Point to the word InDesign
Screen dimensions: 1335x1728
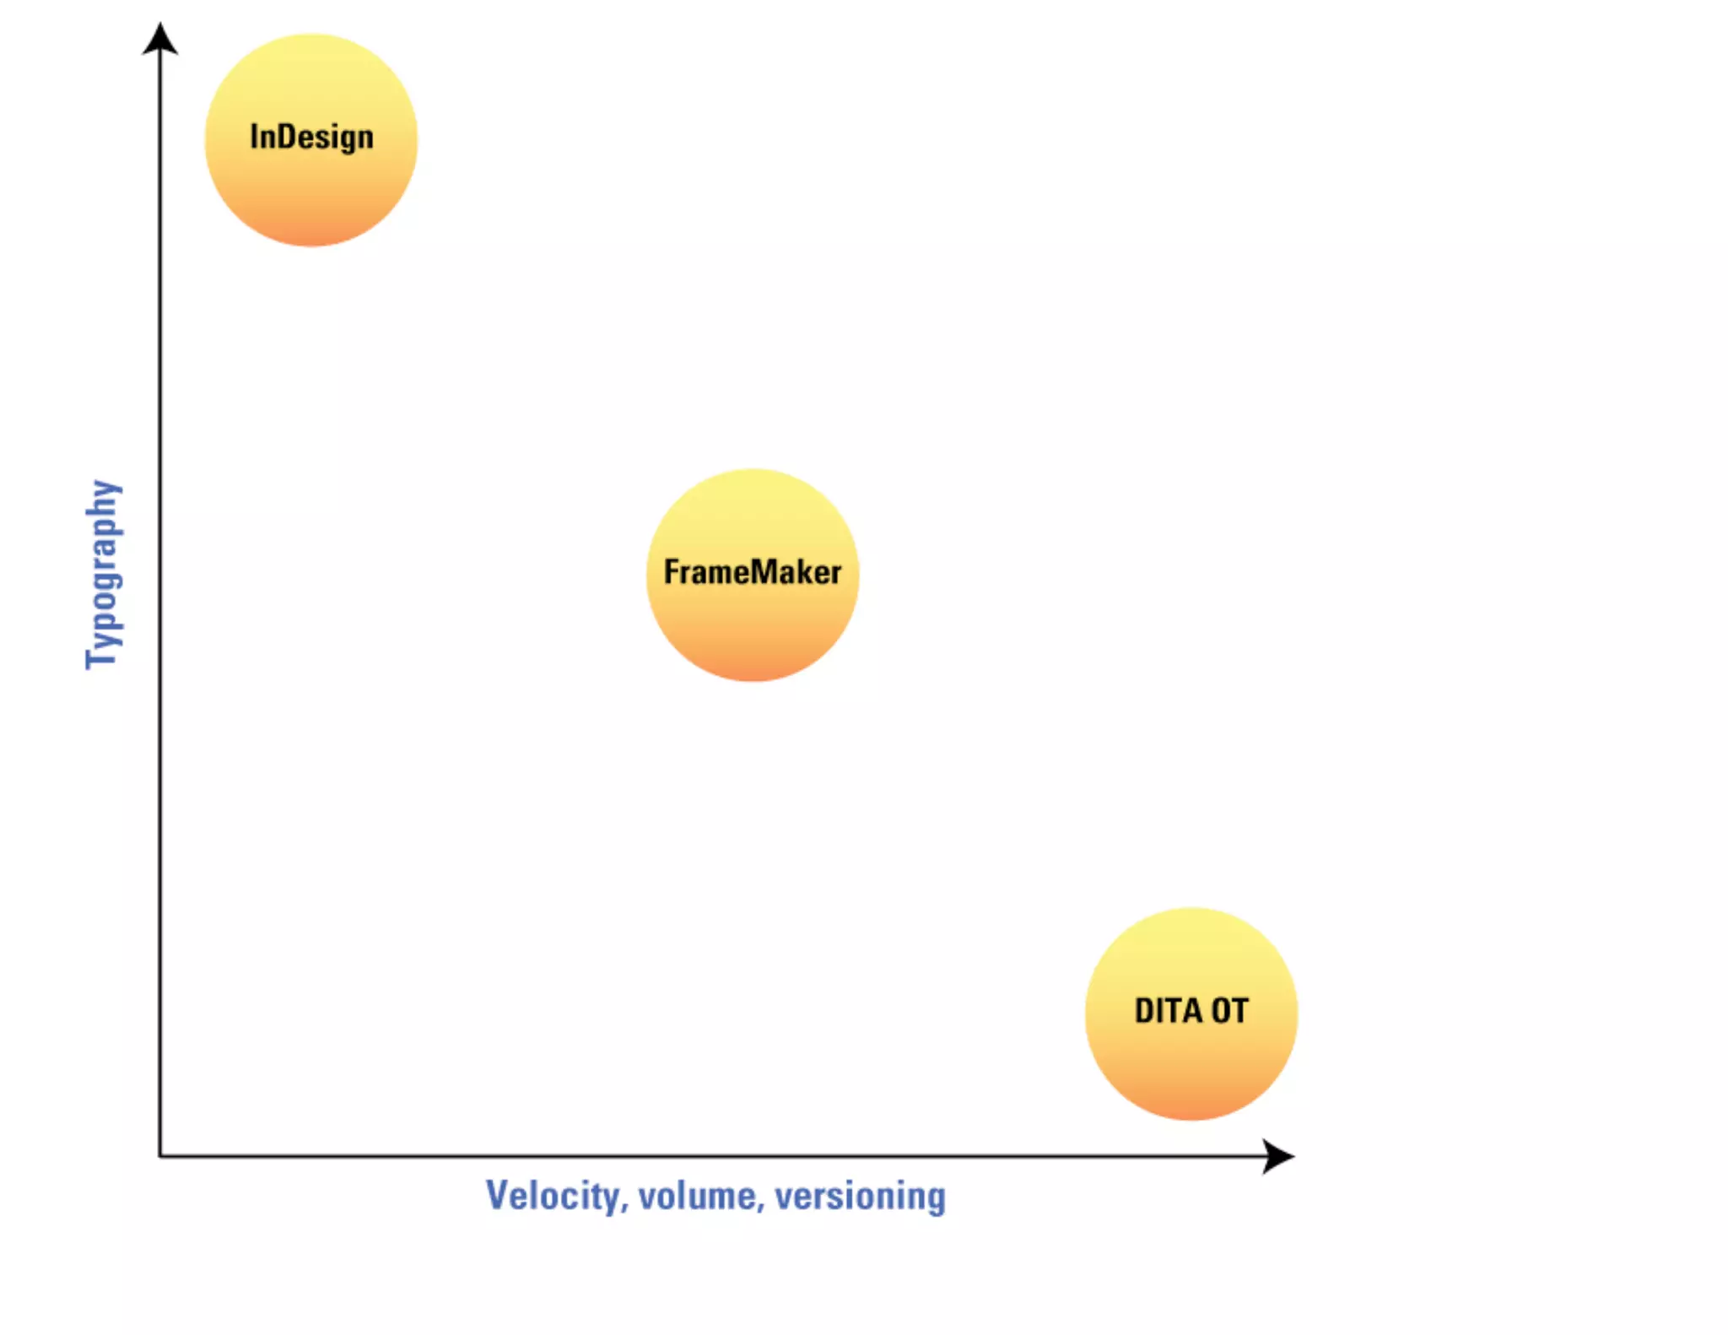tap(311, 137)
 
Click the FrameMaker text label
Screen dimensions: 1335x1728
tap(752, 572)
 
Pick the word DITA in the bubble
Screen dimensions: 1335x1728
tap(1168, 1010)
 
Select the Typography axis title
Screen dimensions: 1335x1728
tap(104, 574)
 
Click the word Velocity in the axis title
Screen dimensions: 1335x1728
tap(553, 1196)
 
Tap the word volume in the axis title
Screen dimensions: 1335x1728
tap(697, 1196)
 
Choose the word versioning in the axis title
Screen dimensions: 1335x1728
tap(860, 1196)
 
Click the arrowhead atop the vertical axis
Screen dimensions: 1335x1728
tap(159, 39)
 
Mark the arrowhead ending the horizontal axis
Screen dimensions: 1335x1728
tap(1277, 1155)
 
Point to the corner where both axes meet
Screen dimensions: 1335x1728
tap(160, 1155)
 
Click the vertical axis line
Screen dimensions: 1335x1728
tap(160, 759)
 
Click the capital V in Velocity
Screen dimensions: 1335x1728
tap(498, 1195)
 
